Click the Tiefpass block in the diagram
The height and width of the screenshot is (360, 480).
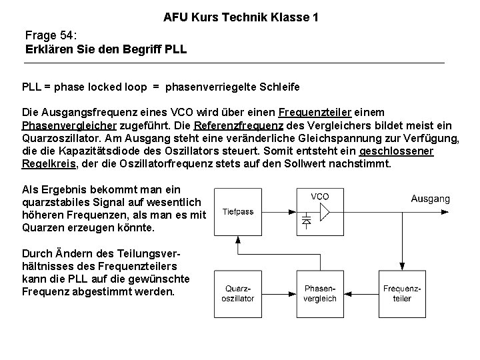click(238, 212)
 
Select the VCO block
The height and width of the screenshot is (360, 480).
click(320, 212)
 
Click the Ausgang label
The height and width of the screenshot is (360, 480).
click(430, 199)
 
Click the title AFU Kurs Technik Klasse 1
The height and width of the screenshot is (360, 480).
click(241, 16)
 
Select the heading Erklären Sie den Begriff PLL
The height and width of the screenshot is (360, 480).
click(107, 49)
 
